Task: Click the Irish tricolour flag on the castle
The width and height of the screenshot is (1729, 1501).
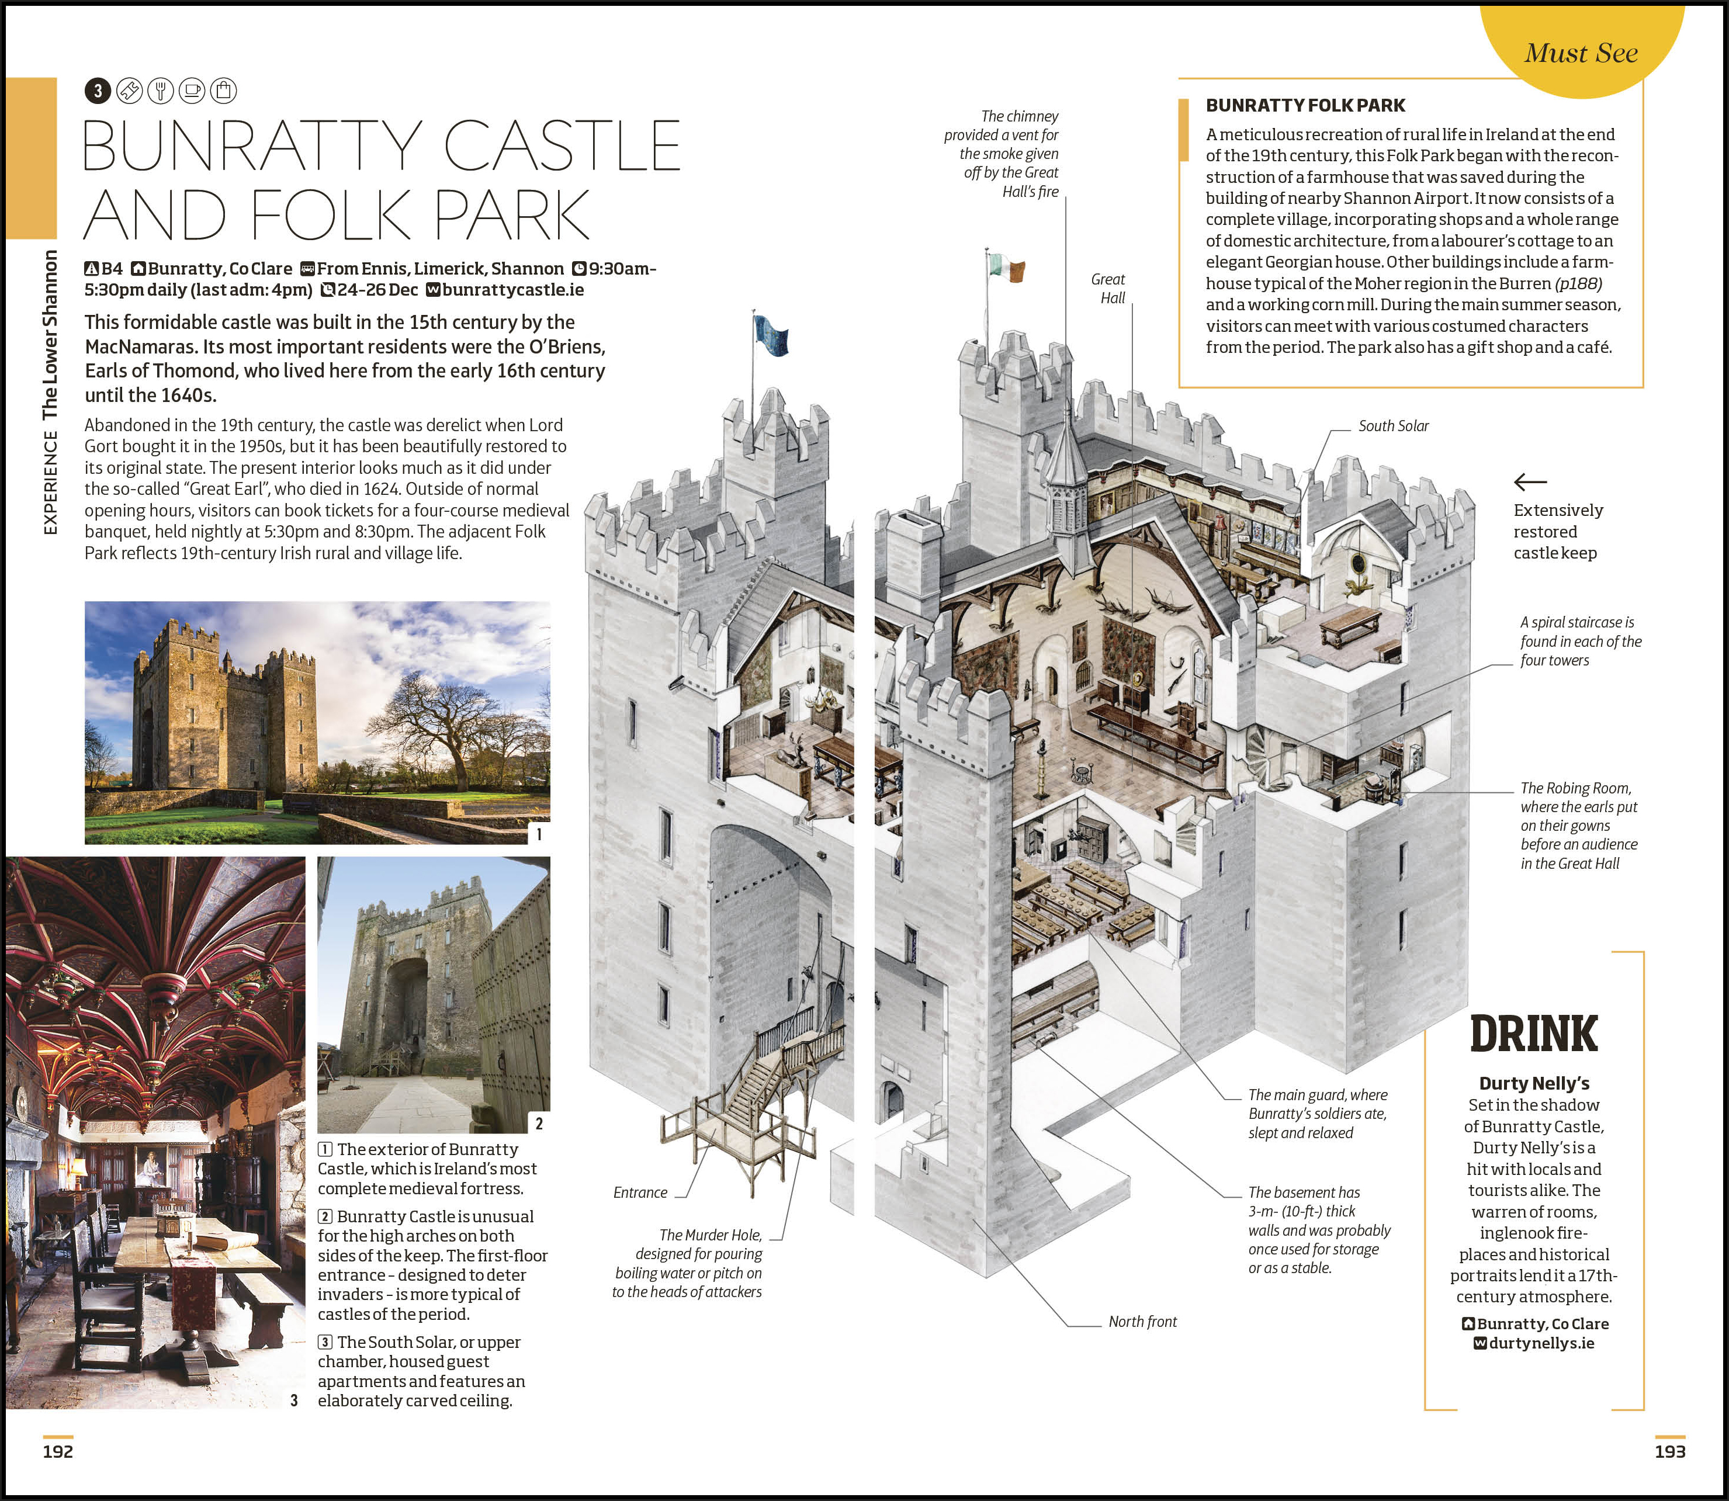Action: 1006,267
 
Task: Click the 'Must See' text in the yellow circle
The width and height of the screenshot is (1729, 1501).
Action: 1581,53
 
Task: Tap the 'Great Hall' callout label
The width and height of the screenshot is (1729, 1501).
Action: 1108,288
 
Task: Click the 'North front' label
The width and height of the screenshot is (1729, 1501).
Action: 1142,1321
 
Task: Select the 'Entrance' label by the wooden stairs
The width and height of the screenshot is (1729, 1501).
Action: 640,1192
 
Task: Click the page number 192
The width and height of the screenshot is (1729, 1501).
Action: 58,1451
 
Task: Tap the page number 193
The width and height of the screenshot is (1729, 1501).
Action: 1669,1451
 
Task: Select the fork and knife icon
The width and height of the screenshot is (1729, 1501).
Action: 160,91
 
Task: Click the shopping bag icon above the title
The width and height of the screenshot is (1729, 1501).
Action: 224,91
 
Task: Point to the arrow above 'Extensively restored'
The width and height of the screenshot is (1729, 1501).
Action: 1530,481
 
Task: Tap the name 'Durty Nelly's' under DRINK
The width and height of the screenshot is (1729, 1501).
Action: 1534,1083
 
